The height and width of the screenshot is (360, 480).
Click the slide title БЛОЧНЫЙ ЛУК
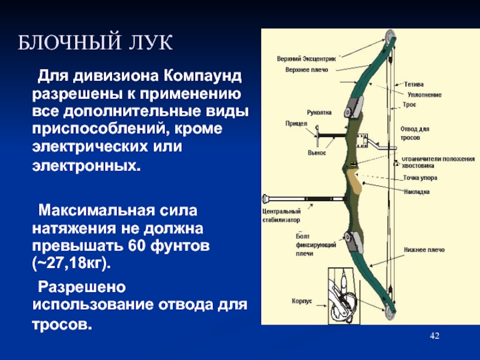click(95, 42)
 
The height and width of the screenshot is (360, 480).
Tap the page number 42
click(434, 336)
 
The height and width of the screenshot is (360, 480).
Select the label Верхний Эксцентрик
click(306, 59)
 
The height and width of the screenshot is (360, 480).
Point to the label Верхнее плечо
click(307, 70)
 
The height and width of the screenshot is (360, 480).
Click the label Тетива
click(414, 84)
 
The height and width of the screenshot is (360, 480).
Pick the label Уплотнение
click(424, 95)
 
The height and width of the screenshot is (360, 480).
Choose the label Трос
click(409, 104)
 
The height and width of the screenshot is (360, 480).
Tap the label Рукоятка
click(319, 113)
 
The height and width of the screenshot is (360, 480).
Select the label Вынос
click(317, 153)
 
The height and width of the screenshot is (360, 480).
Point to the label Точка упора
click(420, 178)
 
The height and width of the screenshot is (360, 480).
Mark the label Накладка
click(416, 192)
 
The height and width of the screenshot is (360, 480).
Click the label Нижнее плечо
click(424, 250)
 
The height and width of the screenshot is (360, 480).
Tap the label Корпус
click(302, 301)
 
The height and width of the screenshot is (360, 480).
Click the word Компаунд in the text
click(202, 76)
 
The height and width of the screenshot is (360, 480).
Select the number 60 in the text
click(136, 246)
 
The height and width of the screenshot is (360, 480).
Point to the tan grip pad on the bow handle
click(353, 183)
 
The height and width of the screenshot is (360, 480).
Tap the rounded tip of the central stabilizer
click(265, 199)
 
